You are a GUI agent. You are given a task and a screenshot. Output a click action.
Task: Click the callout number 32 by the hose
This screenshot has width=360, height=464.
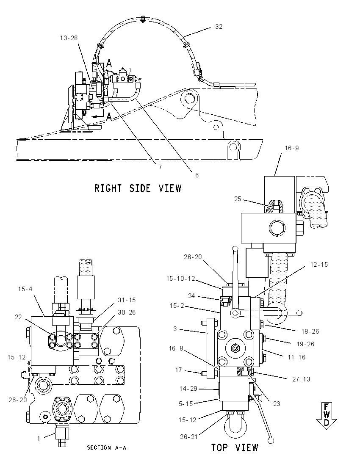click(219, 27)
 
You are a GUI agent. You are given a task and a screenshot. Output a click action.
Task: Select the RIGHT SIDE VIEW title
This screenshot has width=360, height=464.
click(138, 188)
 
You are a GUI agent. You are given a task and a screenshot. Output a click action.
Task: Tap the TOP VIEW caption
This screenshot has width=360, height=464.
click(235, 447)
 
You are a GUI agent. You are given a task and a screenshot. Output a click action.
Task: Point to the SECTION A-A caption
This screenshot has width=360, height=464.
click(107, 447)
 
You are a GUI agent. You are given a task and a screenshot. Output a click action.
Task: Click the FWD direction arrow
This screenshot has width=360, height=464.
click(326, 415)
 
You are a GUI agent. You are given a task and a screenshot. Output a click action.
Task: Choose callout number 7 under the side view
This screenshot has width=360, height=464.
click(160, 167)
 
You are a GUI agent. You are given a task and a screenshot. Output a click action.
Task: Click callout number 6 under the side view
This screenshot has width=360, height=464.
click(197, 175)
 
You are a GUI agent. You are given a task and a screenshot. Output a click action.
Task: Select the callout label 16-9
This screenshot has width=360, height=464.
click(292, 148)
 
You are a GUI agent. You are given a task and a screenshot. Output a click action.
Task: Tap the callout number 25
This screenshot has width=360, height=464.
click(238, 199)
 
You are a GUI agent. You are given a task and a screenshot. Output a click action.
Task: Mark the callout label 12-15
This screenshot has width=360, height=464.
click(319, 264)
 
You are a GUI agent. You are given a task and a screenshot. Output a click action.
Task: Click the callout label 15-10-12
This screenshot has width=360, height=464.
click(180, 279)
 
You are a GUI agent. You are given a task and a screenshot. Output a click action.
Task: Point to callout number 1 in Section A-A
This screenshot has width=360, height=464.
click(39, 439)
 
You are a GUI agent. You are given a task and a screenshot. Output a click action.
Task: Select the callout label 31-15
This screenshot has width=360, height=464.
click(127, 300)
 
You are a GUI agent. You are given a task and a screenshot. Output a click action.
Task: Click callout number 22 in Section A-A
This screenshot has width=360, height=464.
click(18, 317)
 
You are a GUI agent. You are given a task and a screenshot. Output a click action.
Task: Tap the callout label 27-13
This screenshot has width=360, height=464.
click(301, 379)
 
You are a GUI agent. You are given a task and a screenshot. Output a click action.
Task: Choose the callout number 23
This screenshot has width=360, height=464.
click(277, 403)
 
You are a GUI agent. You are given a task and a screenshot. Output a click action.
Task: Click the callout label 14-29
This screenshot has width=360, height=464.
click(188, 389)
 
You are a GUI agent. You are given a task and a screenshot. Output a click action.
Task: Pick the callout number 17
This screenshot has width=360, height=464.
click(178, 370)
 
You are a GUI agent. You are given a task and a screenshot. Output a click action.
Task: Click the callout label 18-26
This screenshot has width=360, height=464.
click(310, 331)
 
